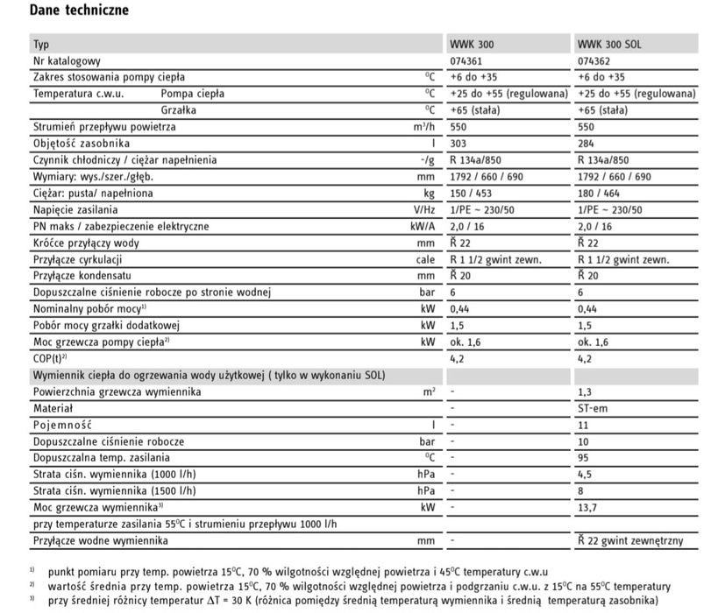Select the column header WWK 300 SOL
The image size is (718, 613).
click(x=610, y=45)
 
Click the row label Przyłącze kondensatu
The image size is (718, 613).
click(x=79, y=276)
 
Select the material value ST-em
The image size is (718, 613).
click(x=594, y=408)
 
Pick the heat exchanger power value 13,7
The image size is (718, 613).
click(x=590, y=507)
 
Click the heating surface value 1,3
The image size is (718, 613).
click(x=586, y=391)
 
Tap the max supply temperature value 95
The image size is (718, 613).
click(x=585, y=457)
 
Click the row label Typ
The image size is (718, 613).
click(x=41, y=45)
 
